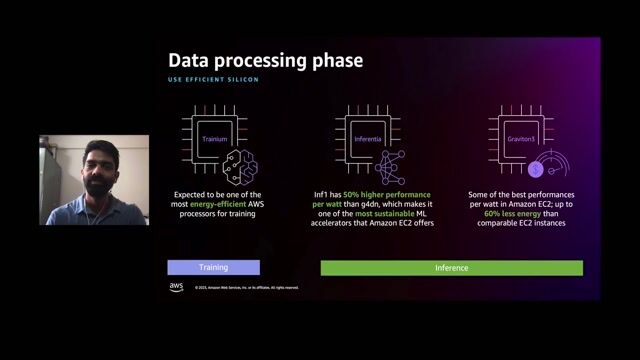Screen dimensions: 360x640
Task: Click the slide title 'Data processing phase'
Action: pos(265,61)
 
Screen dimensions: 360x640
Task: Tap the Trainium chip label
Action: pos(214,138)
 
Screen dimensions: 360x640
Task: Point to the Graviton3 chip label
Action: pos(516,138)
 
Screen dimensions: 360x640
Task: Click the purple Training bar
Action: pos(213,267)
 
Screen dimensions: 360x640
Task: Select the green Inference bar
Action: pos(451,267)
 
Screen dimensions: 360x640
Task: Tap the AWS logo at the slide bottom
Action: pos(176,287)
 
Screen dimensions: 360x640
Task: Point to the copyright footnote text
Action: pos(241,288)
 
